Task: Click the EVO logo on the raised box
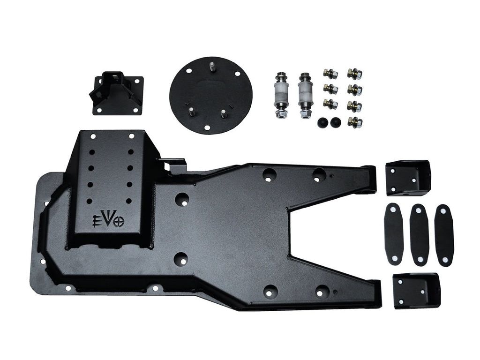[108, 219]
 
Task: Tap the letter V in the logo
[108, 219]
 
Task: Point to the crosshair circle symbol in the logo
[119, 222]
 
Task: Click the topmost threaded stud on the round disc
[212, 67]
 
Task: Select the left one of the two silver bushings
[281, 95]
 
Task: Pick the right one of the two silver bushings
[305, 95]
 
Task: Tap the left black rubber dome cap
[323, 122]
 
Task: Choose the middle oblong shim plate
[419, 235]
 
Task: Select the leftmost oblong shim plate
[394, 233]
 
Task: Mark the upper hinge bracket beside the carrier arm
[408, 178]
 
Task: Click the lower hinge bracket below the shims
[416, 291]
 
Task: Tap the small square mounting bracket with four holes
[116, 93]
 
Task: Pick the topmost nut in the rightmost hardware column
[354, 74]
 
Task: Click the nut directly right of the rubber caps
[354, 122]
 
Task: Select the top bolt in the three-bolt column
[330, 74]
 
